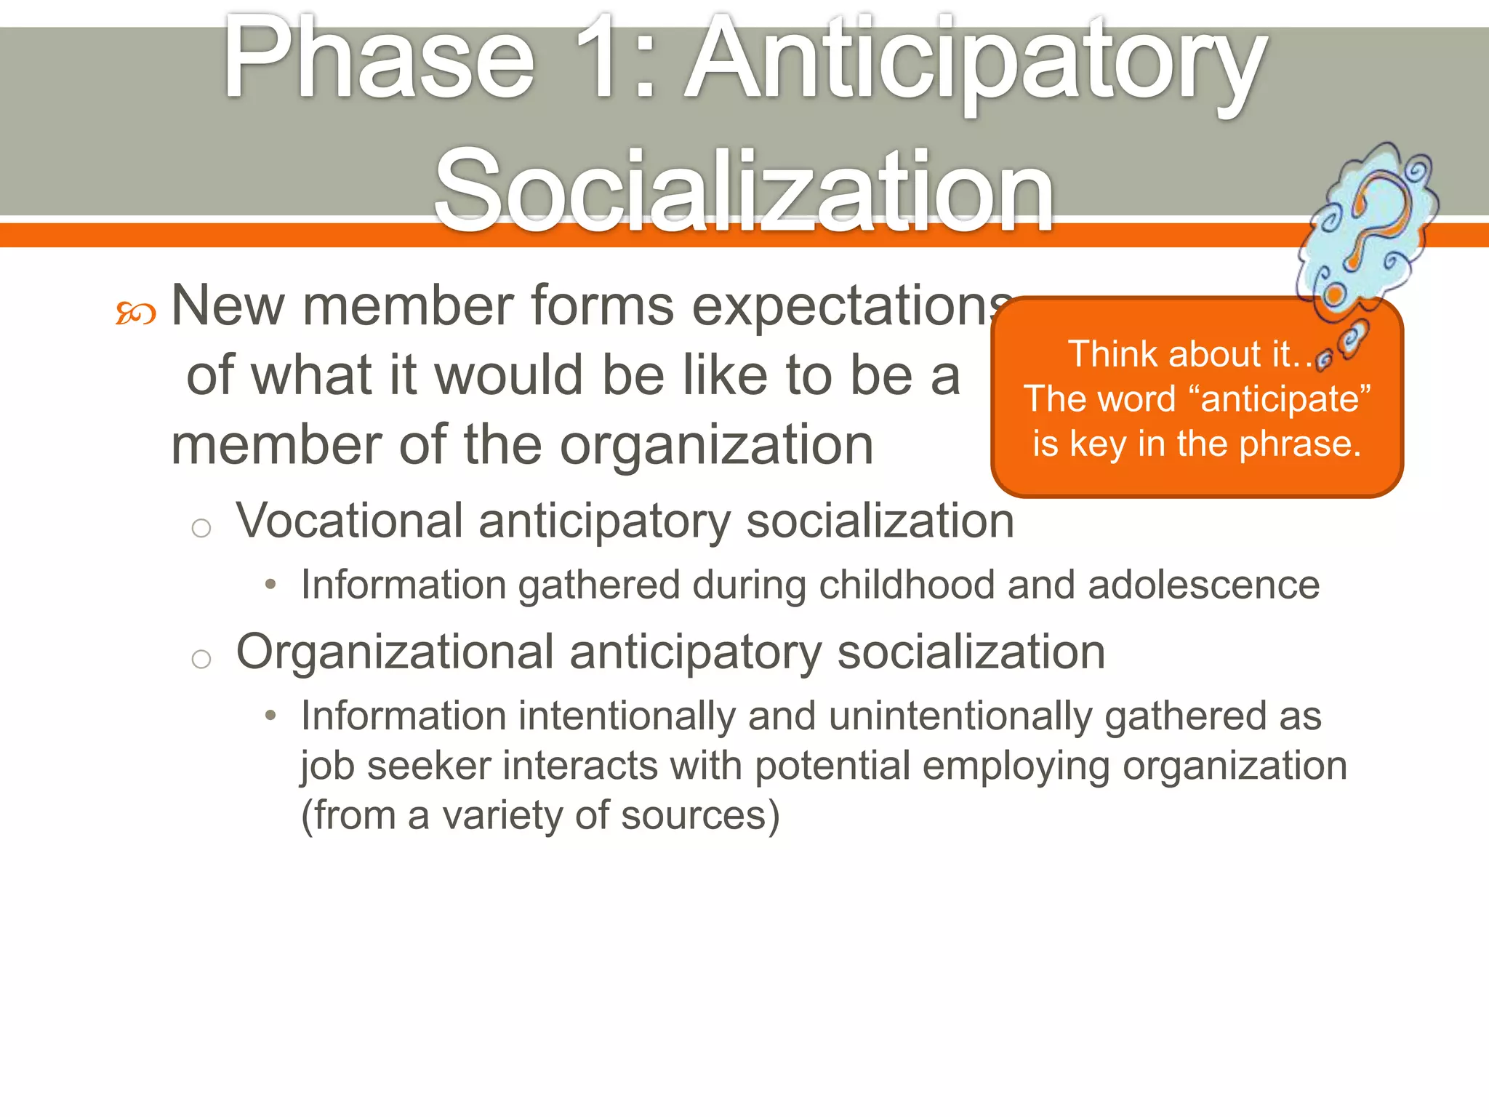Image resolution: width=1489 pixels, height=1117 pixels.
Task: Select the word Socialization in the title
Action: point(743,191)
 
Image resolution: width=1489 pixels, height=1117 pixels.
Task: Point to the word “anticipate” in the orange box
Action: point(1280,400)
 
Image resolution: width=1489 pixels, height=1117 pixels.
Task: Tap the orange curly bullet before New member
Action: point(136,313)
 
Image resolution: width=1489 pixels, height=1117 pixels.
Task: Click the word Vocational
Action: point(349,521)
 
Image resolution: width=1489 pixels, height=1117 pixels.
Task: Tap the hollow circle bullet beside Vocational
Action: point(201,528)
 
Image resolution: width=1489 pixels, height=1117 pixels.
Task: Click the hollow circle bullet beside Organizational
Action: point(201,659)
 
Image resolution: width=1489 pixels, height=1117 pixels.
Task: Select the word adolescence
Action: point(1203,585)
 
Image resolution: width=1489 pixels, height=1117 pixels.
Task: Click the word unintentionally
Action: point(960,716)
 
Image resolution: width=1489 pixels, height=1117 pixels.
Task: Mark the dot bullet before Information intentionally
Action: point(270,716)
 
